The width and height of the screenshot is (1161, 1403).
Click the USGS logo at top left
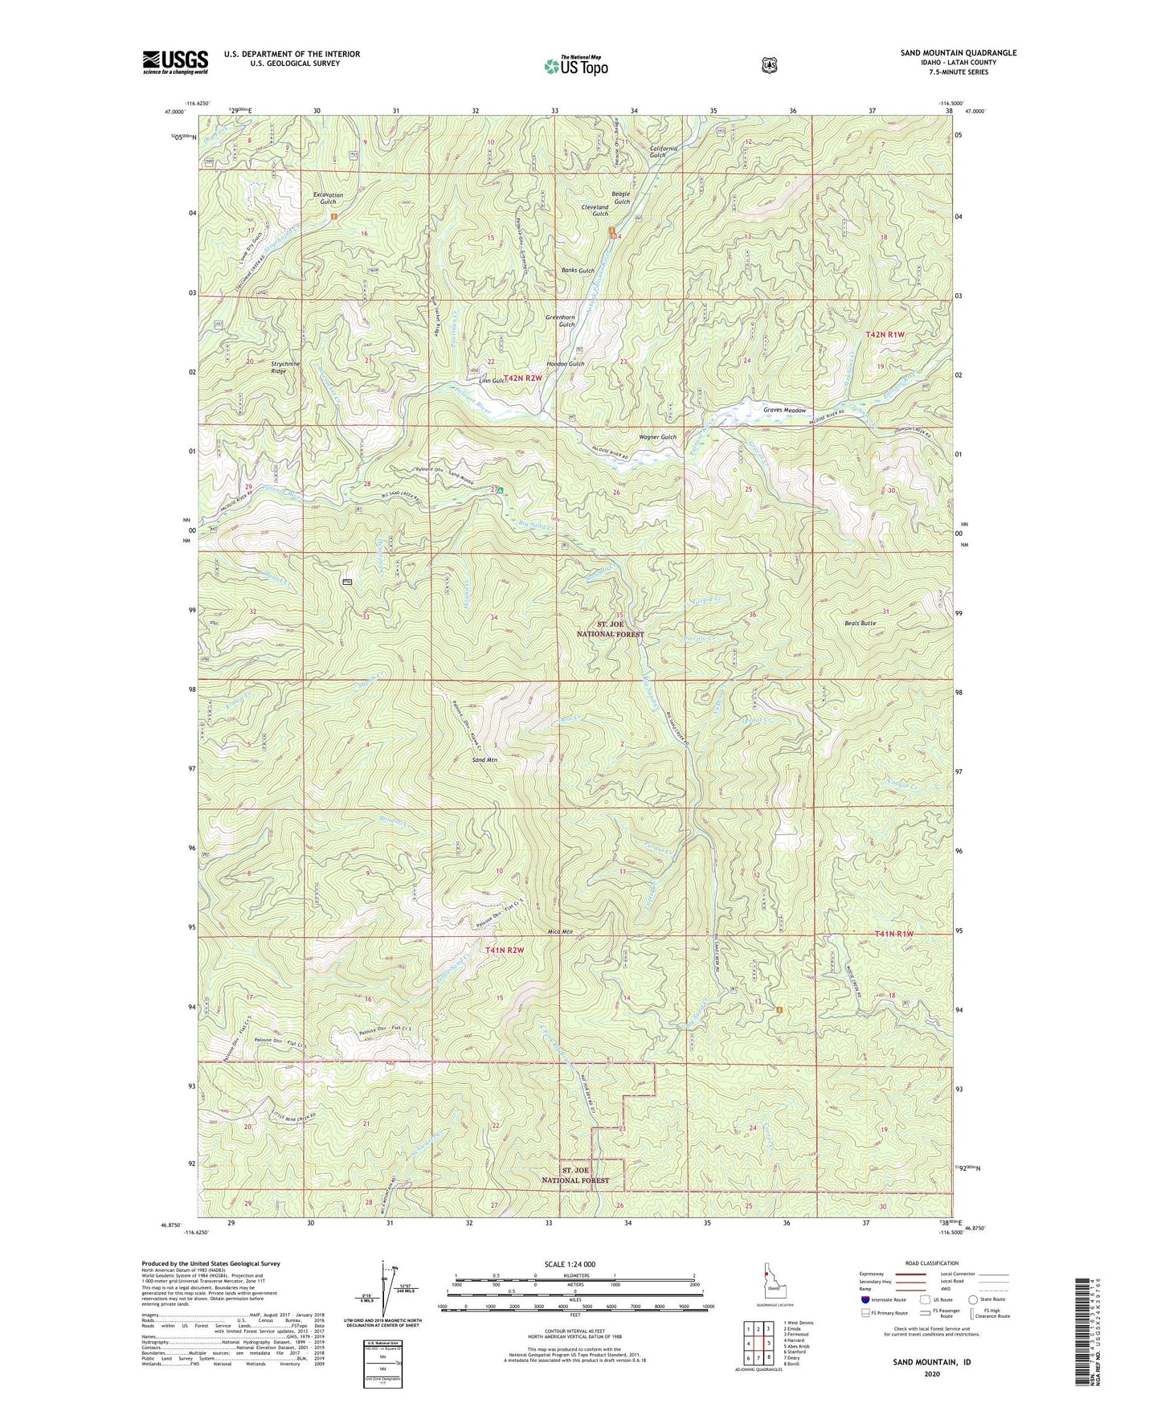175,62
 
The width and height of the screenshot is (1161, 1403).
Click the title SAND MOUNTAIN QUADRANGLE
958,53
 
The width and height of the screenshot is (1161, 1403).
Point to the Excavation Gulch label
328,198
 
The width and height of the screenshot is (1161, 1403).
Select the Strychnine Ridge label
285,367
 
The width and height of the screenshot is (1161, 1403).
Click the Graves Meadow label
784,411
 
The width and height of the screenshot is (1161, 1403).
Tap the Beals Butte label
860,623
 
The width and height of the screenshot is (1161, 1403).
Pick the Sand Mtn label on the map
484,759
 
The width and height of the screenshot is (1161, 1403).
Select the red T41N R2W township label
505,950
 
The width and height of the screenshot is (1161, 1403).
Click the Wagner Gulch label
657,437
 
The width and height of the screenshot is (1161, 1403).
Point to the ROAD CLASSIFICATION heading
931,1263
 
